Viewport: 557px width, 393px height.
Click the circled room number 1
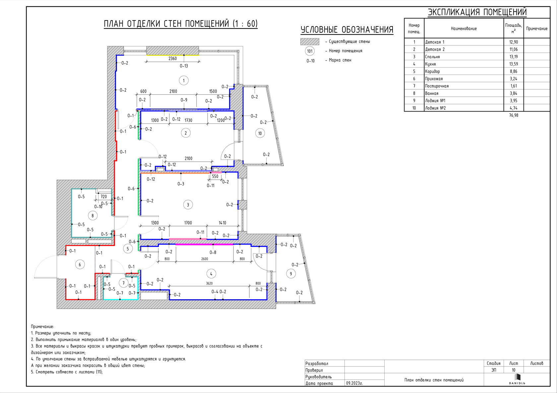(x=184, y=80)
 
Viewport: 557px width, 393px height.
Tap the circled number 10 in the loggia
(x=260, y=133)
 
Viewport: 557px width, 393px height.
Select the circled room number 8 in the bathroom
(x=93, y=216)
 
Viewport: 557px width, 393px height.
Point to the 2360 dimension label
(x=172, y=59)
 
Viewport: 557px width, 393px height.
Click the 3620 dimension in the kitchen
(x=210, y=283)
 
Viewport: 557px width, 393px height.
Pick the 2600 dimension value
(x=205, y=259)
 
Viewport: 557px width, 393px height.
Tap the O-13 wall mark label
(x=184, y=66)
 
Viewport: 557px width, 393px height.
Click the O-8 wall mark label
(x=213, y=253)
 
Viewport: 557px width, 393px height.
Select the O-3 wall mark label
(x=181, y=184)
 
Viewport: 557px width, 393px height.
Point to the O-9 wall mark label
(x=184, y=100)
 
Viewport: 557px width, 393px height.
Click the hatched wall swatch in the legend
(x=310, y=41)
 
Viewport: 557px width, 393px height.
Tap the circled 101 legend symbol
(x=310, y=51)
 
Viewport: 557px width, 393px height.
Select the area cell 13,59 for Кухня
(x=514, y=64)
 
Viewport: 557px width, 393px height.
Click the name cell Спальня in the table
(x=432, y=57)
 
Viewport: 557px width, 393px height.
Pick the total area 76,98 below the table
(x=514, y=115)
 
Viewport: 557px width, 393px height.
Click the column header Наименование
(x=464, y=28)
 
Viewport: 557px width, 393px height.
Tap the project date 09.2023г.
(x=354, y=383)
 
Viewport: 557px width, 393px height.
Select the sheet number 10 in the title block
(x=514, y=370)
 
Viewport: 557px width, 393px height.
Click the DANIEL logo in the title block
(x=517, y=379)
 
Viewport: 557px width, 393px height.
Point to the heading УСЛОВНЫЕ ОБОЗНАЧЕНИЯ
(x=347, y=29)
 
